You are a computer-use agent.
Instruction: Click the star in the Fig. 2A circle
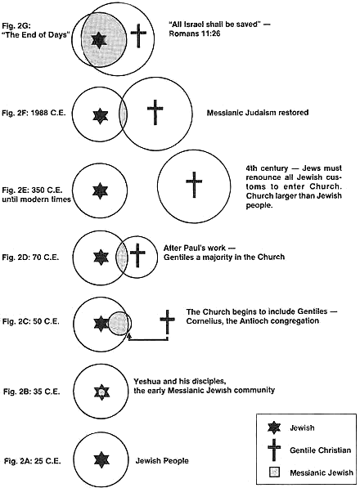[101, 460]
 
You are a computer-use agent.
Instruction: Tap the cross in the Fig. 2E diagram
[194, 184]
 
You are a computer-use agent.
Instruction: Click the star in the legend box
[274, 428]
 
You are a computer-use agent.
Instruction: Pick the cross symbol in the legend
[274, 450]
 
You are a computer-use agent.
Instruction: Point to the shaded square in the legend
[274, 472]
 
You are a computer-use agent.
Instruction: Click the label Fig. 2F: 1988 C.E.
[34, 113]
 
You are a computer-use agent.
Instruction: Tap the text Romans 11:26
[195, 34]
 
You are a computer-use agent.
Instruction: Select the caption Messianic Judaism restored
[258, 112]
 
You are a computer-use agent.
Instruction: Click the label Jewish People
[162, 460]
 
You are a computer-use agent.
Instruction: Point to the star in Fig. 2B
[101, 392]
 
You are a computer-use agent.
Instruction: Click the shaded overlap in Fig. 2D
[122, 257]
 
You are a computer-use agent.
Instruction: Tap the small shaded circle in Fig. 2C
[119, 324]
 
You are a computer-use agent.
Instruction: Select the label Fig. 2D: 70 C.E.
[30, 257]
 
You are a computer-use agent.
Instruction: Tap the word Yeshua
[146, 381]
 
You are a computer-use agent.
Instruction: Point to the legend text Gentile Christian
[320, 450]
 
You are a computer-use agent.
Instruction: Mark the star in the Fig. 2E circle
[101, 190]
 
